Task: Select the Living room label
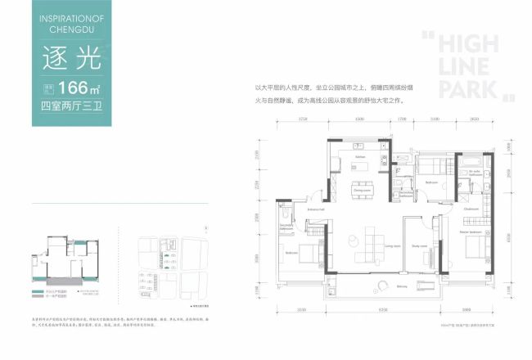(391, 244)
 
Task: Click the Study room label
(420, 246)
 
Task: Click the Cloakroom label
(470, 209)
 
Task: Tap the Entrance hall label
(317, 210)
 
